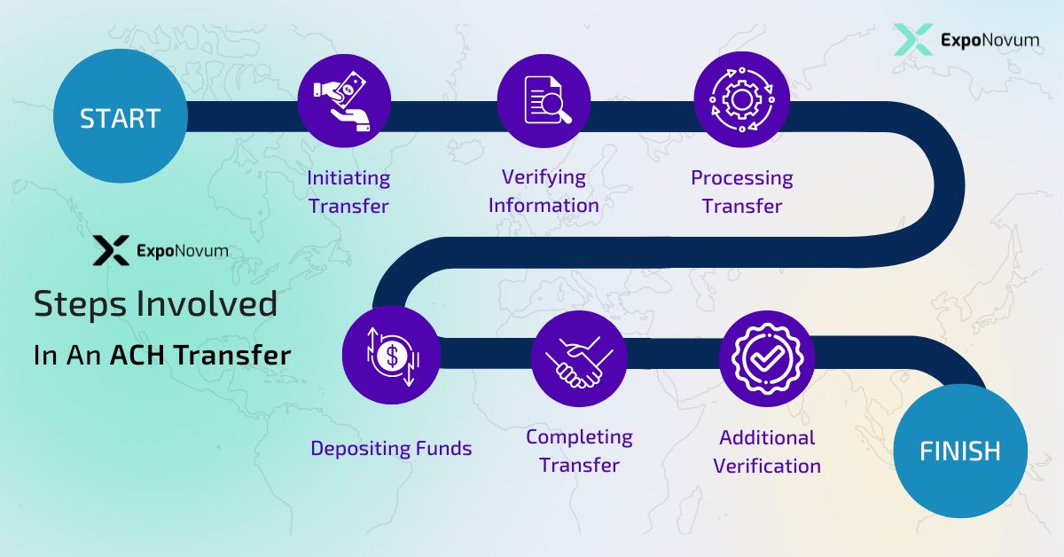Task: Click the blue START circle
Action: click(x=120, y=118)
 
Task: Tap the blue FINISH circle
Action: click(x=959, y=451)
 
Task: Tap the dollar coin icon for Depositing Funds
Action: click(x=391, y=355)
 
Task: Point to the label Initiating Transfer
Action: click(x=348, y=192)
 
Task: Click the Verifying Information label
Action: click(x=544, y=191)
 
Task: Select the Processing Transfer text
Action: click(x=742, y=192)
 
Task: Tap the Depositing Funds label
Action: click(x=391, y=448)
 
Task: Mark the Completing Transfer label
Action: click(x=579, y=451)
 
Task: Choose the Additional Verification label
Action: click(x=767, y=451)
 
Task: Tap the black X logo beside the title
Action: click(x=111, y=251)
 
